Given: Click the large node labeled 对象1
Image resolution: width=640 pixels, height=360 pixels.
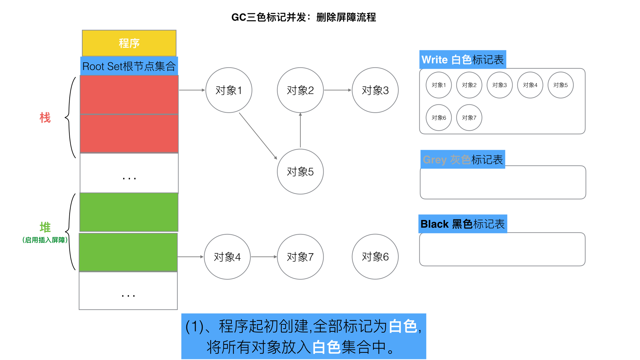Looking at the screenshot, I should pyautogui.click(x=229, y=90).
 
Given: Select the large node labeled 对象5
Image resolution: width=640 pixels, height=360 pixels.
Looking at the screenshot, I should pyautogui.click(x=300, y=172).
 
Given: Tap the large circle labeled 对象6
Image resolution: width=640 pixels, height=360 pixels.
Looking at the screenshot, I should pyautogui.click(x=375, y=257).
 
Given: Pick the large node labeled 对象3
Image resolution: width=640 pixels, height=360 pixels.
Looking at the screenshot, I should pyautogui.click(x=375, y=90).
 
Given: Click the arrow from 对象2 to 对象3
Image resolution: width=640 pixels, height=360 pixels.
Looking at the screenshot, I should pyautogui.click(x=337, y=90).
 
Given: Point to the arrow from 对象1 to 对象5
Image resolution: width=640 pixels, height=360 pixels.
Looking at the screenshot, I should pyautogui.click(x=258, y=136).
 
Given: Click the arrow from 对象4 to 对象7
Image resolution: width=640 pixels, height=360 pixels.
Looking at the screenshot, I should pyautogui.click(x=263, y=257).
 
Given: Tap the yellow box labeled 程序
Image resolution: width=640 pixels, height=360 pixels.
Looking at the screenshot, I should pyautogui.click(x=129, y=43).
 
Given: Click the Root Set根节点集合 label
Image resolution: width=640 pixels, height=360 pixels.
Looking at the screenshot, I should pyautogui.click(x=129, y=66).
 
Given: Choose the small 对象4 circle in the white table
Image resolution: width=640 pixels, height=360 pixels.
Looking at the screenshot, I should pyautogui.click(x=530, y=85).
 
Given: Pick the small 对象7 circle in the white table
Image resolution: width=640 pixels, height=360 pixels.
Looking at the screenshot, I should pyautogui.click(x=469, y=118).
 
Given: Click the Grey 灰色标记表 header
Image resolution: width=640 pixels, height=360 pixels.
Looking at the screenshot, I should pyautogui.click(x=463, y=160).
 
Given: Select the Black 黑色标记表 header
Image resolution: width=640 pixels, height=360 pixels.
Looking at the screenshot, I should pyautogui.click(x=463, y=224).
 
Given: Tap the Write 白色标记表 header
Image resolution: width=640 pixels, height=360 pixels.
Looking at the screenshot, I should pyautogui.click(x=463, y=60).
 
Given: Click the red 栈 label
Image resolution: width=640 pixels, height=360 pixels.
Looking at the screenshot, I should pyautogui.click(x=45, y=118).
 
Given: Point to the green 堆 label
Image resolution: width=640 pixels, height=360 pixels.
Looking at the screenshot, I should pyautogui.click(x=45, y=227).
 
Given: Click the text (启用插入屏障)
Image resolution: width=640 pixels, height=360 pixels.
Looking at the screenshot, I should pyautogui.click(x=45, y=240).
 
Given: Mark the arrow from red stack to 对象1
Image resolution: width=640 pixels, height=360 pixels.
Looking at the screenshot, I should pyautogui.click(x=192, y=90).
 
